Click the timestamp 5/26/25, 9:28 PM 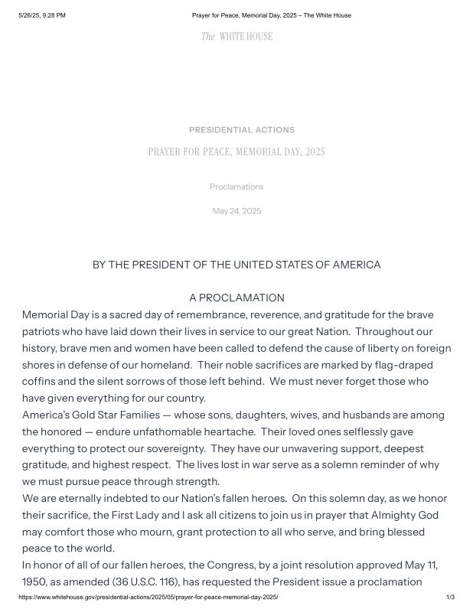coord(42,15)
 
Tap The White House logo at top coord(236,37)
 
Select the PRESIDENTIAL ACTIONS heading coord(241,130)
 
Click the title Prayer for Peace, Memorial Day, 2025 coord(236,151)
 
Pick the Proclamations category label coord(236,187)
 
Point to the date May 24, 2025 coord(236,211)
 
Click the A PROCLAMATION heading coord(236,298)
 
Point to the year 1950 coord(35,581)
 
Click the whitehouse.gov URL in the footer coord(148,597)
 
